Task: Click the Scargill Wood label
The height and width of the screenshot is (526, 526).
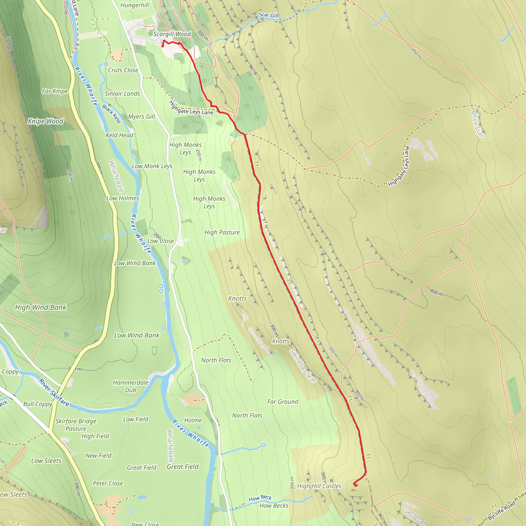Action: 172,34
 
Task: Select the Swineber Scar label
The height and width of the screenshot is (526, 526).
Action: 303,366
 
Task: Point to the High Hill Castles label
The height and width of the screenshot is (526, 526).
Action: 319,486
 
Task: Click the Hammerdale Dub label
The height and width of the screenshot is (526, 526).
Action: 131,386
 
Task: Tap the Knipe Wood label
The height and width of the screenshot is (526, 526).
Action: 45,121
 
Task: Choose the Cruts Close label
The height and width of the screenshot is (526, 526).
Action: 123,70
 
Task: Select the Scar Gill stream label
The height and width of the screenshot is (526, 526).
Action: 268,15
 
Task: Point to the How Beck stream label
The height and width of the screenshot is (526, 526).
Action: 260,498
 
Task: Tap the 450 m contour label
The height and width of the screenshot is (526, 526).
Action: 416,54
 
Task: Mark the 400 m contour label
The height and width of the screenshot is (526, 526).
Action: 436,292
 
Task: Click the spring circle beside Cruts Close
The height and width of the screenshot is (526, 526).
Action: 106,64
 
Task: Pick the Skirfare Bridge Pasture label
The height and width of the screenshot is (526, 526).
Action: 76,425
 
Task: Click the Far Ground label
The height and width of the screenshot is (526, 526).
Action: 283,402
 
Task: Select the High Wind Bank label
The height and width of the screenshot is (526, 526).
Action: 41,307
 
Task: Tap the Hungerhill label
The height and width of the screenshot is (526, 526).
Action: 135,5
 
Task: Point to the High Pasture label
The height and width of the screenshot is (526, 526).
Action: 222,232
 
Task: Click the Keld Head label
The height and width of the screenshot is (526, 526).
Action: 119,135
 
